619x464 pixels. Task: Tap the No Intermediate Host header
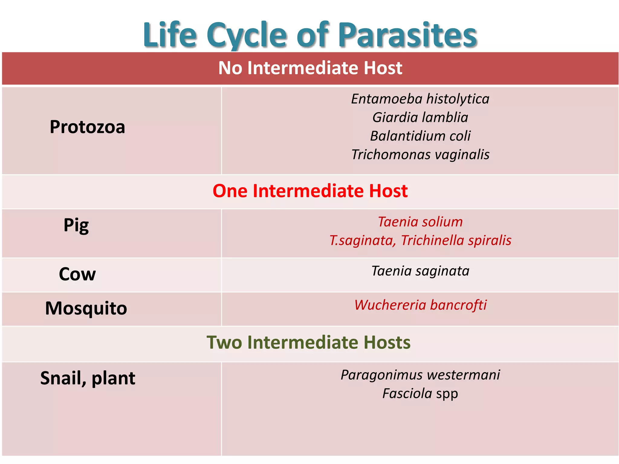[310, 68]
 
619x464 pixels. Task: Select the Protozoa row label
[87, 127]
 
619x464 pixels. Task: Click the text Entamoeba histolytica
[420, 99]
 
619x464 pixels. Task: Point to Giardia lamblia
[420, 118]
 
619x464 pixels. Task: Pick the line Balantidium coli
[420, 136]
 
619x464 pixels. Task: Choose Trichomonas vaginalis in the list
[420, 155]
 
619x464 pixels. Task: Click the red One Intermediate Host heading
[310, 191]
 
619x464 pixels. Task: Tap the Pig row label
[76, 225]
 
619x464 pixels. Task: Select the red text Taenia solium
[420, 222]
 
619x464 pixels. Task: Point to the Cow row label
[77, 274]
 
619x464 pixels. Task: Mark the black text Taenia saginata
[420, 271]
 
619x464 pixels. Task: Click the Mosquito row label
[86, 308]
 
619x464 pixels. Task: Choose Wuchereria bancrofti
[420, 305]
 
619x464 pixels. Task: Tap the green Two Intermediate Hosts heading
[309, 343]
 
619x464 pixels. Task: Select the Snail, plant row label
[88, 378]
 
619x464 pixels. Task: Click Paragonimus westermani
[420, 375]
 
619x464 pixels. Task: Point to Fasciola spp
[420, 394]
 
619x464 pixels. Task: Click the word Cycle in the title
[246, 36]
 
